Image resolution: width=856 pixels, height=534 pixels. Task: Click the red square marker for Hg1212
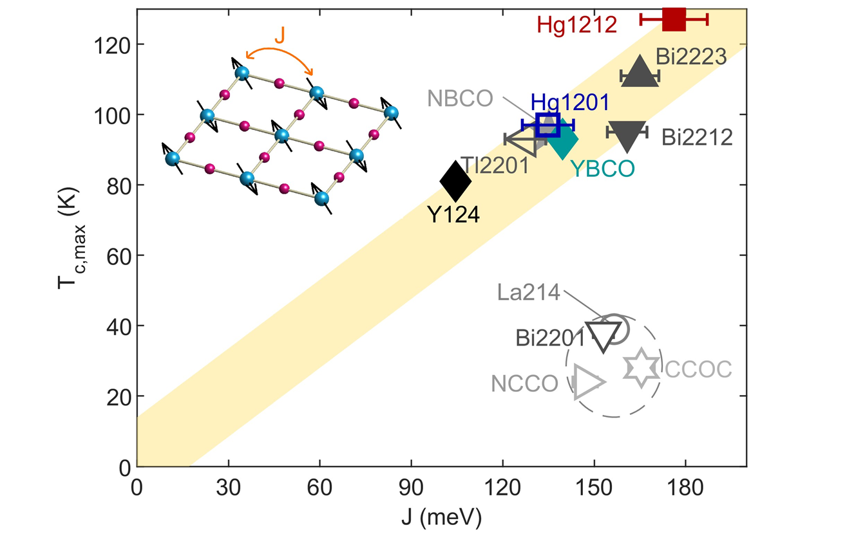point(674,19)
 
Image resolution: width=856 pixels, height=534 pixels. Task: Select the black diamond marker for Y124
point(455,181)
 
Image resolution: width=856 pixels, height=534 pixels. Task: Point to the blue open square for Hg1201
point(547,124)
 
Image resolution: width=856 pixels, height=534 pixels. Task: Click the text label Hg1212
point(576,26)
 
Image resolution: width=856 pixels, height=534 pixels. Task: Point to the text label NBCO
point(459,98)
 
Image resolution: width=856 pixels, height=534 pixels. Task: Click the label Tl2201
point(494,165)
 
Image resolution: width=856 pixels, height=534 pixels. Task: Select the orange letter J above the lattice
point(280,35)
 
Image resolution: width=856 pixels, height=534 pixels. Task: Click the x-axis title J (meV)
point(441,515)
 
